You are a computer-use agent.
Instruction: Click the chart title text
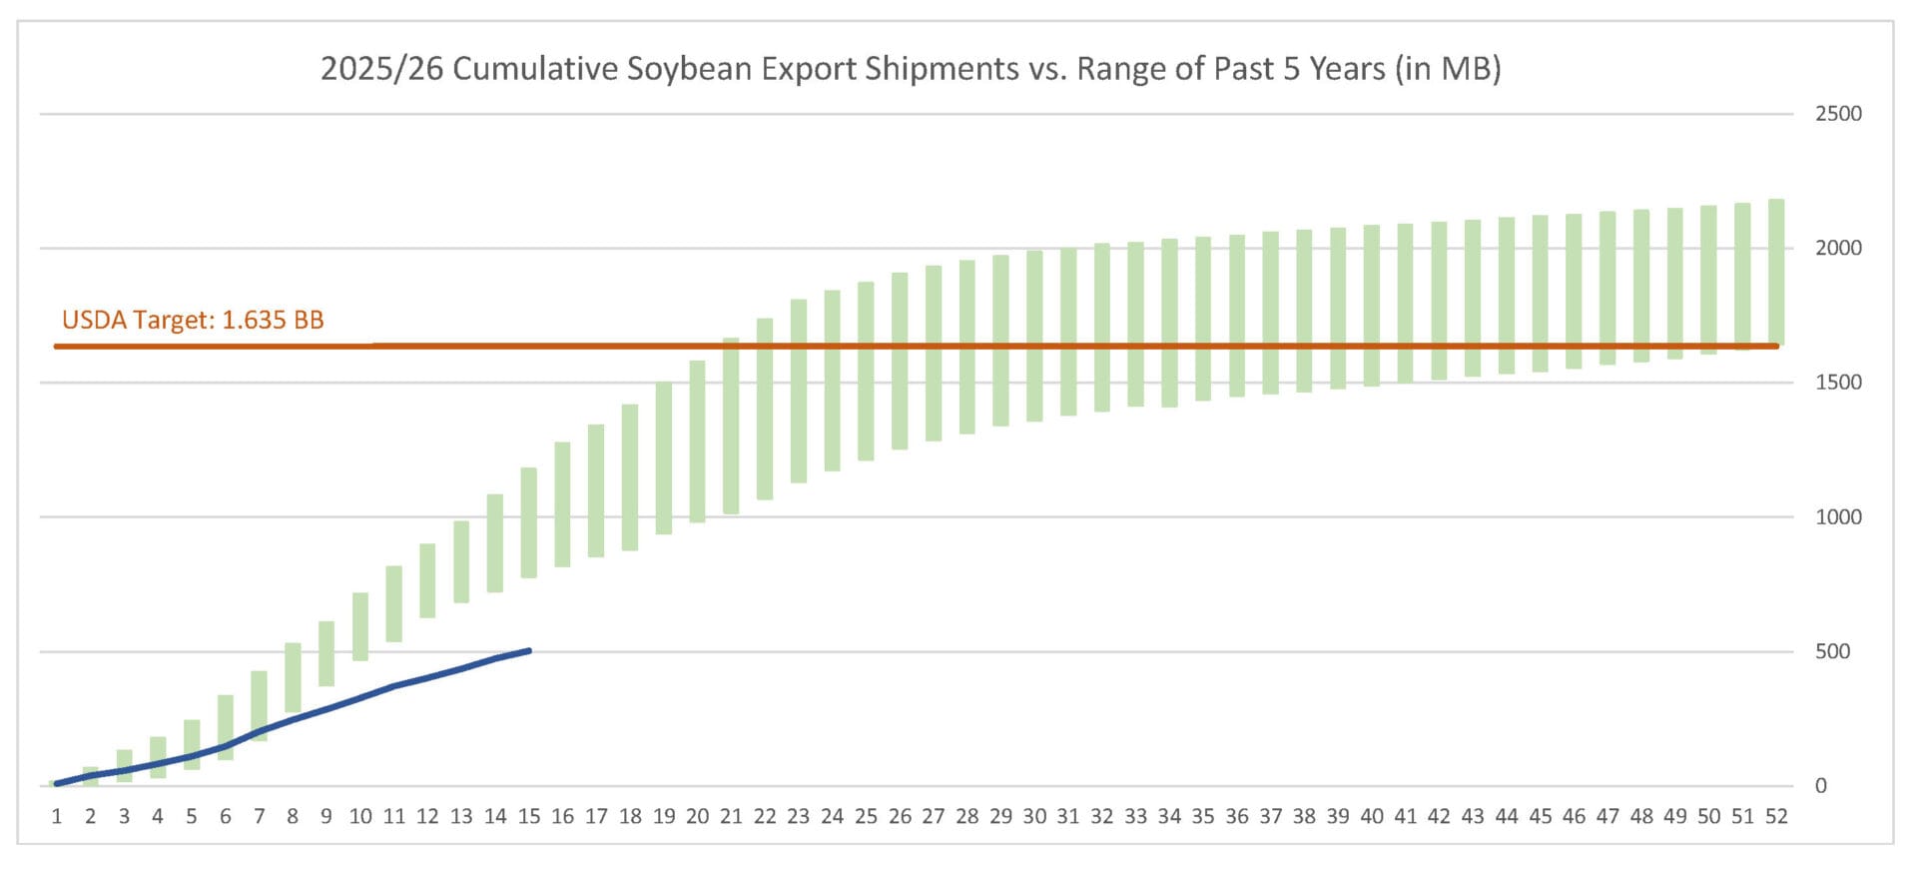pos(911,69)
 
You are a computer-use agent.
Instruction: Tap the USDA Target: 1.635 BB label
pos(193,320)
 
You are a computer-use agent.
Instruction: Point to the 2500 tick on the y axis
pos(1838,114)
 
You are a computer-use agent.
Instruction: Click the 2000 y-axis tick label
pos(1838,248)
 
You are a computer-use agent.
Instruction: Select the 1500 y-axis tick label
pos(1838,383)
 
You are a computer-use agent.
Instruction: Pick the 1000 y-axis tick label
pos(1838,516)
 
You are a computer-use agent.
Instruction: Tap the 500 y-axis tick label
pos(1832,651)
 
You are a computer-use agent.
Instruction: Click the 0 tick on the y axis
pos(1820,786)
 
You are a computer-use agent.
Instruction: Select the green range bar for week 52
pos(1776,272)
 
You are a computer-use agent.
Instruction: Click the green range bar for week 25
pos(866,371)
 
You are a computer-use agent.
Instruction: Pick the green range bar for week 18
pos(630,477)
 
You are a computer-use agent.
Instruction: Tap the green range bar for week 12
pos(427,580)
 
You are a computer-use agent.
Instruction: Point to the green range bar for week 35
pos(1203,319)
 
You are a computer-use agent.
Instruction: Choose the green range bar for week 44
pos(1507,296)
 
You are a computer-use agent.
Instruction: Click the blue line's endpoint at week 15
pos(529,651)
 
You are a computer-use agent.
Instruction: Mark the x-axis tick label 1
pos(57,817)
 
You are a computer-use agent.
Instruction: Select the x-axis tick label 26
pos(900,817)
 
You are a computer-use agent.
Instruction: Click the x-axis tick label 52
pos(1776,817)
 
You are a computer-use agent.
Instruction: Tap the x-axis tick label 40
pos(1372,817)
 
